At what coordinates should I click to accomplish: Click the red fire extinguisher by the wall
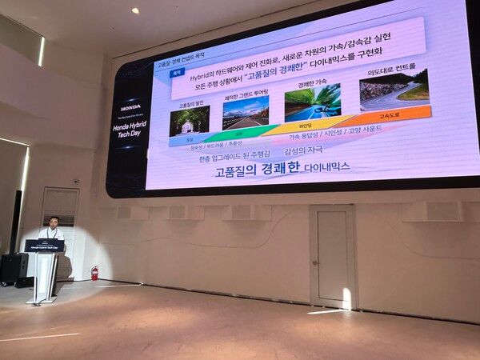tap(94, 273)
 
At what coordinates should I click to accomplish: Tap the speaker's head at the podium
tap(54, 222)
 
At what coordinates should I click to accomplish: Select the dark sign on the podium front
tap(44, 246)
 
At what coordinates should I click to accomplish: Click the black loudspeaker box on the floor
tap(14, 269)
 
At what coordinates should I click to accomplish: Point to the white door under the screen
tap(332, 256)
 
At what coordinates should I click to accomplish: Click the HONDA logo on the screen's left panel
tap(130, 107)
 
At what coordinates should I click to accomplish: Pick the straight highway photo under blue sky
tap(246, 113)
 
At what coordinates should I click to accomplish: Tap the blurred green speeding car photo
tap(313, 102)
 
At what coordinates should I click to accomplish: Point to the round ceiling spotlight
tap(135, 10)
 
